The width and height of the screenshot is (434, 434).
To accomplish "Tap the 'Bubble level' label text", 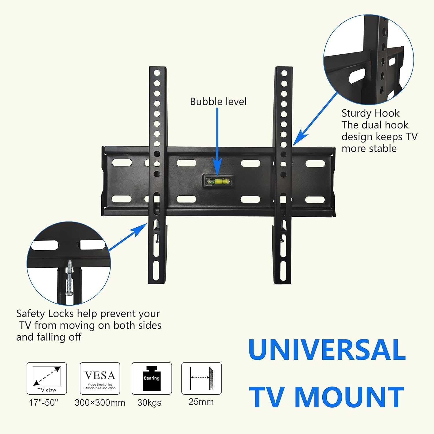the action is click(x=218, y=102).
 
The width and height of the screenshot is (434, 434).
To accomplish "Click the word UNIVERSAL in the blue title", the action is click(x=327, y=350).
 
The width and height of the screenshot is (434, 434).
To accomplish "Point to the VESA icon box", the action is click(x=100, y=378).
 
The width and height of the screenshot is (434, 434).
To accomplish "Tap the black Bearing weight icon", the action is click(x=152, y=378).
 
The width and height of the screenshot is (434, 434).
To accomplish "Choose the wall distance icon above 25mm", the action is click(x=201, y=378).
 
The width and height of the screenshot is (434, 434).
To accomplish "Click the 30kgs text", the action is click(x=149, y=402).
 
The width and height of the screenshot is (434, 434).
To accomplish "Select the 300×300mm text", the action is click(x=100, y=402).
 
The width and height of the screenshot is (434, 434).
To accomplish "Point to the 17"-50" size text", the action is click(x=43, y=402).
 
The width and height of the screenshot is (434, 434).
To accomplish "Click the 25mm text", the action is click(x=201, y=402).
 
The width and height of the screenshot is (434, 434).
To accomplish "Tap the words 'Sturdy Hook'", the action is click(x=370, y=113).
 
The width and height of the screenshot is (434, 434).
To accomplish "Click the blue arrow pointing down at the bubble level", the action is click(x=217, y=141).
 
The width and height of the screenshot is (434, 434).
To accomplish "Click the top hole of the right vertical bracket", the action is click(x=284, y=73).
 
